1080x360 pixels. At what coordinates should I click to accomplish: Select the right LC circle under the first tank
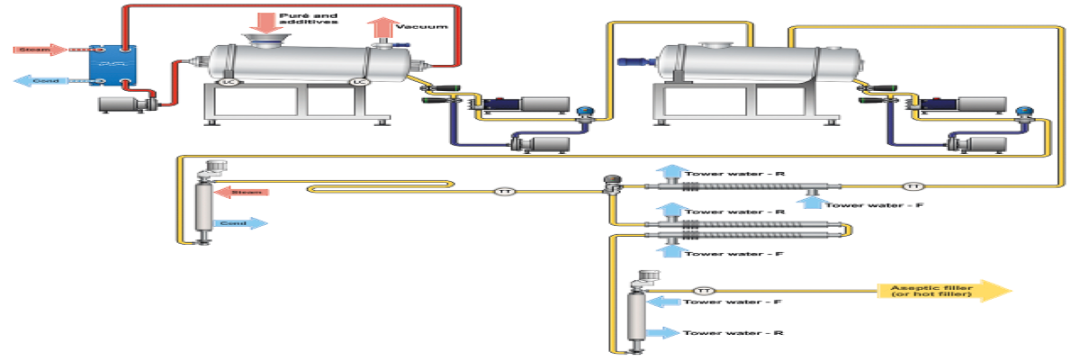point(360,82)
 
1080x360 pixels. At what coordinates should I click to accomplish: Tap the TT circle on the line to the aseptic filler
point(705,290)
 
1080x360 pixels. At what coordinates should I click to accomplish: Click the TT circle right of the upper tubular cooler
point(913,185)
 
